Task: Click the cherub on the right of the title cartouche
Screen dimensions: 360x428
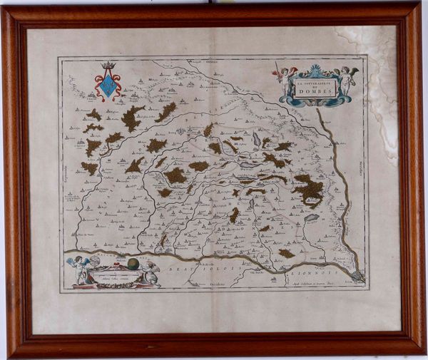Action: (346, 79)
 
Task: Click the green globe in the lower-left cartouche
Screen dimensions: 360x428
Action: (133, 264)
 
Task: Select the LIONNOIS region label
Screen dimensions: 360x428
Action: (320, 270)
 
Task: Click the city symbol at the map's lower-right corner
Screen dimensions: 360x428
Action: (357, 274)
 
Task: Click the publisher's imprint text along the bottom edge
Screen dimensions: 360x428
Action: (314, 282)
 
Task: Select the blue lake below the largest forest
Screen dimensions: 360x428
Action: (311, 217)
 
